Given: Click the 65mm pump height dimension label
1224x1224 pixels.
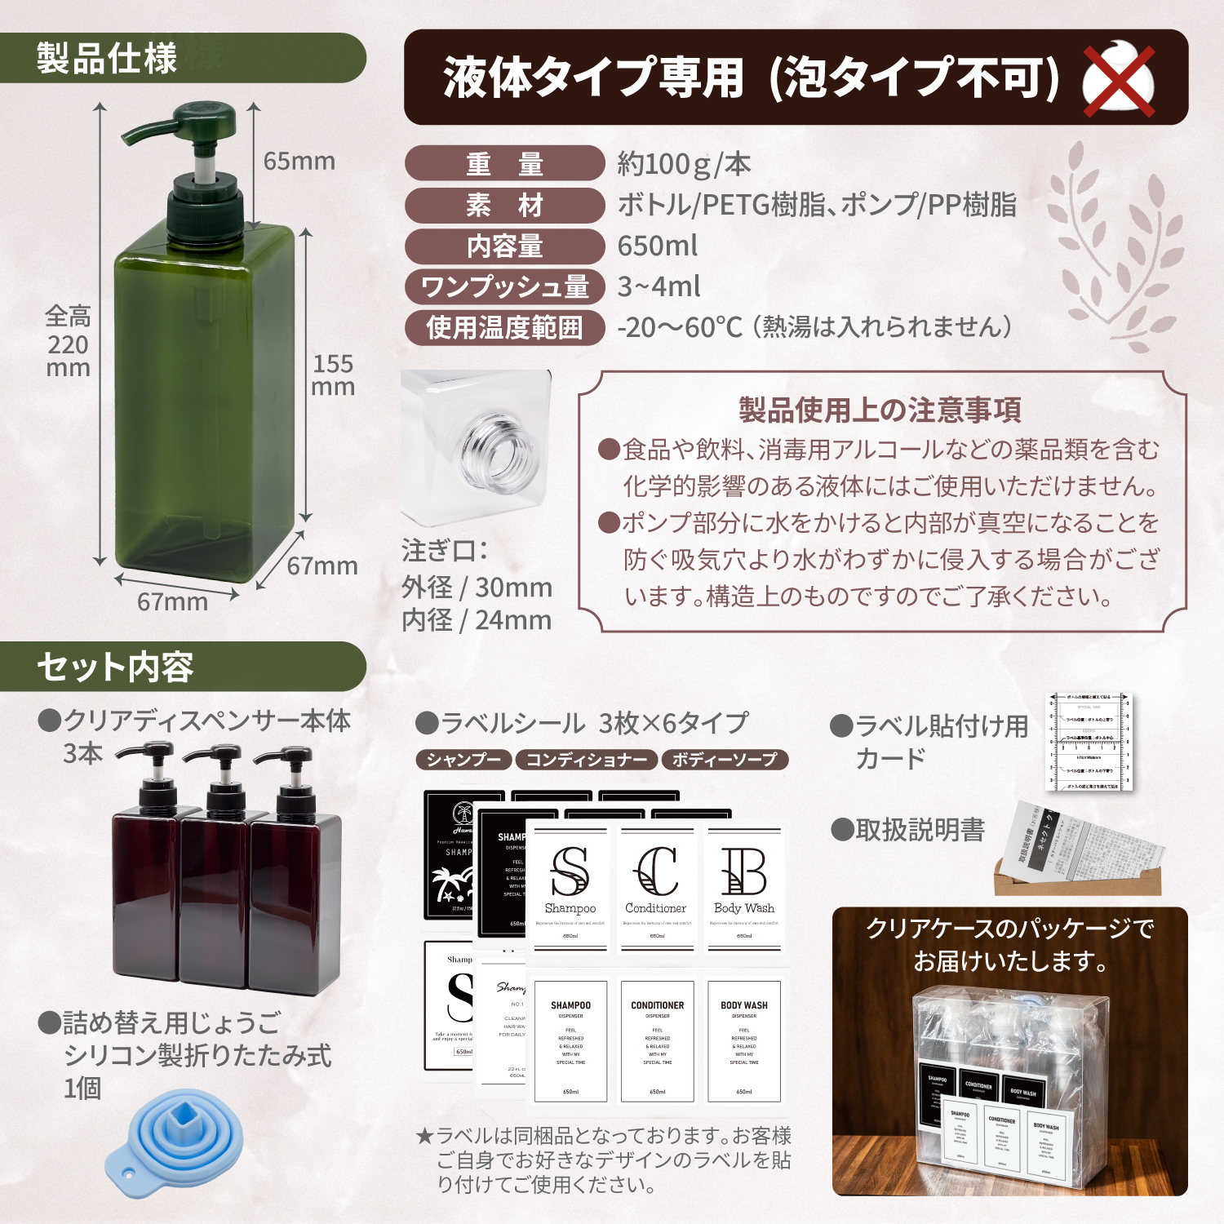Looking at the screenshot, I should click(299, 162).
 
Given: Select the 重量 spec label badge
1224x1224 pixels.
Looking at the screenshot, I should click(504, 164).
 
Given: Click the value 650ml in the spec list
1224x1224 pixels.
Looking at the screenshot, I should click(658, 246).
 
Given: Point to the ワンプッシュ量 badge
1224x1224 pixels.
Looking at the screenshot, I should click(504, 286).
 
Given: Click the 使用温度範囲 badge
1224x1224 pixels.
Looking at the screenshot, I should click(504, 327).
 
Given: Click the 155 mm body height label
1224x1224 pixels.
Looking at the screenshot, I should click(333, 375).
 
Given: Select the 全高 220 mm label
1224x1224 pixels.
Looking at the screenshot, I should click(68, 342).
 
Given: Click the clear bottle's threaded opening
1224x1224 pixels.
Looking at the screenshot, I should click(498, 449).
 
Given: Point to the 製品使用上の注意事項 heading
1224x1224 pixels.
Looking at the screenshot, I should click(880, 410).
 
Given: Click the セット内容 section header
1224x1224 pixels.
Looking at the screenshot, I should click(114, 667).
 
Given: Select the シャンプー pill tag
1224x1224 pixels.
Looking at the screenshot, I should click(463, 760).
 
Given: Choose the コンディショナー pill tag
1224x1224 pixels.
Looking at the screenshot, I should click(586, 760).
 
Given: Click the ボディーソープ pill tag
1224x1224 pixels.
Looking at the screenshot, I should click(724, 760).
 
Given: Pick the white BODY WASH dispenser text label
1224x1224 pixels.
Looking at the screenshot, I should click(743, 1041).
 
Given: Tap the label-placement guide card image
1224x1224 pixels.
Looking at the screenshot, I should click(1089, 743).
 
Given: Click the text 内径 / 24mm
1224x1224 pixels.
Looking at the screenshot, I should click(477, 620).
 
